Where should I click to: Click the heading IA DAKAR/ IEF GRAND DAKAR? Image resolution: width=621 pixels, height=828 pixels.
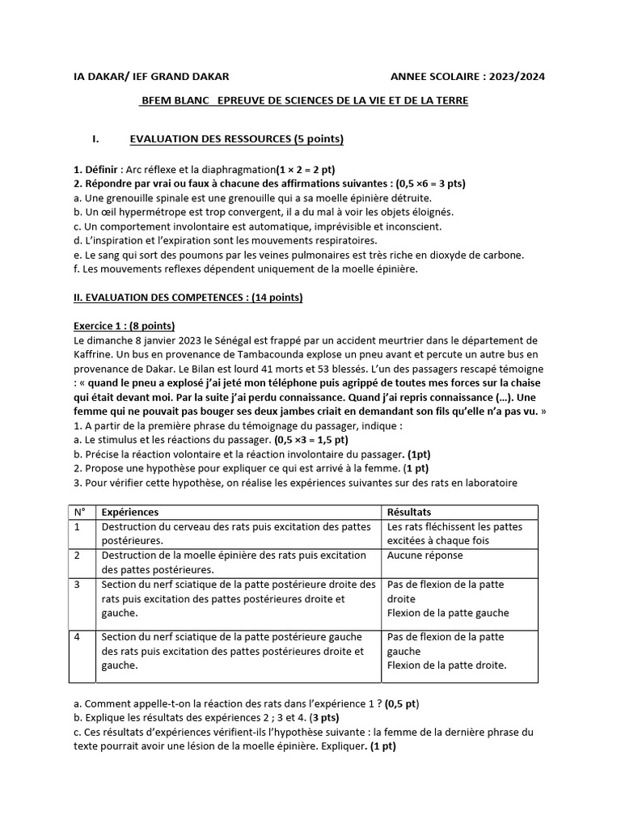tap(151, 76)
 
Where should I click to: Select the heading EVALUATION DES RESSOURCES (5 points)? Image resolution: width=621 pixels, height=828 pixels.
tap(236, 140)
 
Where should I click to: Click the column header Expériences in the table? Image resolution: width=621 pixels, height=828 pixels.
tap(130, 512)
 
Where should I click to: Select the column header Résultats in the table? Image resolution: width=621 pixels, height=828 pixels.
tap(409, 512)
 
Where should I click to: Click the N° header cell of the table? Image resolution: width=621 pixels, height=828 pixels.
tap(80, 512)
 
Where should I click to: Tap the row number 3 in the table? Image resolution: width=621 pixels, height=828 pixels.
tap(78, 584)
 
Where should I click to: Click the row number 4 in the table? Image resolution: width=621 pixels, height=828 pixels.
tap(78, 636)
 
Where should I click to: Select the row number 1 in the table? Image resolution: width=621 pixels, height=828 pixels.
tap(78, 526)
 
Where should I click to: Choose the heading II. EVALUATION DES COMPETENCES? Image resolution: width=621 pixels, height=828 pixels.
tap(188, 298)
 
